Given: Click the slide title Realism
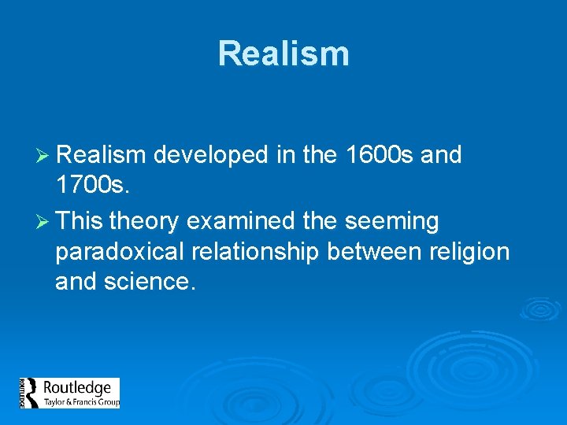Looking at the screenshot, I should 283,54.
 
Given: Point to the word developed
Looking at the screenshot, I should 211,156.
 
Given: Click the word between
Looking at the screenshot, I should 372,252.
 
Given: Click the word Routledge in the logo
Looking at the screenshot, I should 76,388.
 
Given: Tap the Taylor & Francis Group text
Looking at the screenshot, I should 80,402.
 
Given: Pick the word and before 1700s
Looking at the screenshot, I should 441,155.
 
